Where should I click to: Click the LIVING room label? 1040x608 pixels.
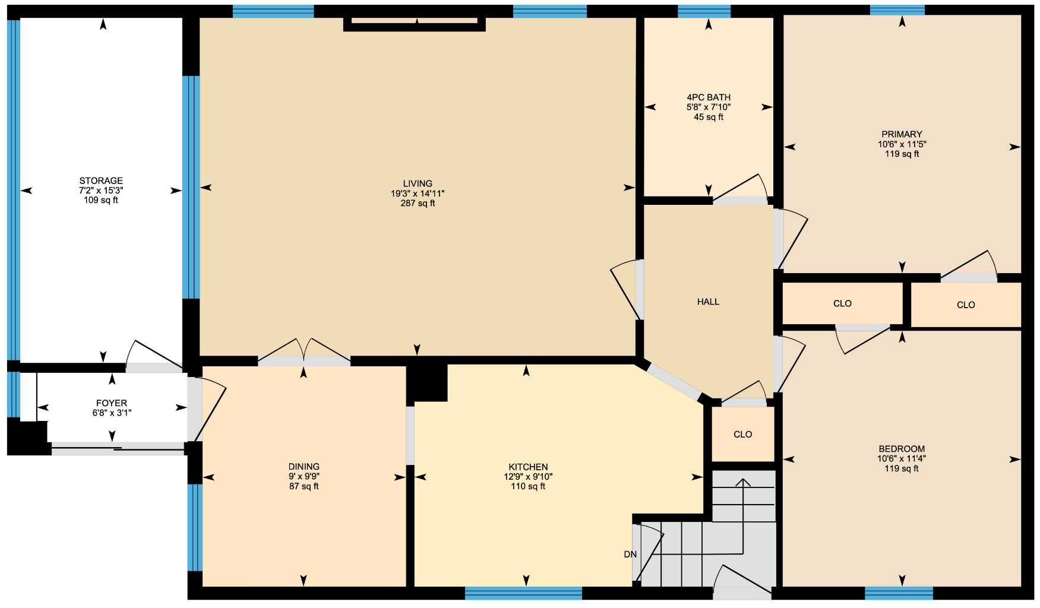click(417, 183)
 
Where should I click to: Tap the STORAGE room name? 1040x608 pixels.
click(101, 180)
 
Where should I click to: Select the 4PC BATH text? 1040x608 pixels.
click(708, 97)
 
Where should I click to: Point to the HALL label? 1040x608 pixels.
click(708, 302)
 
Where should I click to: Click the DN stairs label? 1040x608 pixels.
click(630, 555)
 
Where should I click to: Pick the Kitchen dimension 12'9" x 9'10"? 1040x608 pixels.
click(528, 477)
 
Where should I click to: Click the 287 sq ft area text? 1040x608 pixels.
click(417, 203)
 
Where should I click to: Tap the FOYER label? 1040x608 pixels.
click(112, 403)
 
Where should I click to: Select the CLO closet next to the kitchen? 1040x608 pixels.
click(742, 434)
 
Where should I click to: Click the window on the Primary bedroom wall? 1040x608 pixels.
click(897, 9)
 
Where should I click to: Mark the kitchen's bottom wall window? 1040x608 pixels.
click(523, 593)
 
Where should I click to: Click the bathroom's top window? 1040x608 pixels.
click(704, 11)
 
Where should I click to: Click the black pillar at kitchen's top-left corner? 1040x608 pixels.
click(426, 382)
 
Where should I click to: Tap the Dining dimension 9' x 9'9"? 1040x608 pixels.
click(304, 477)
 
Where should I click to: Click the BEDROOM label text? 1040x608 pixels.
click(902, 449)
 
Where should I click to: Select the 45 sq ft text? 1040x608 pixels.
click(708, 117)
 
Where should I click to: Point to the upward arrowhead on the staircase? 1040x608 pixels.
click(742, 482)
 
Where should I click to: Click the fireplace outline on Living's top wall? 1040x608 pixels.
click(415, 24)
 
